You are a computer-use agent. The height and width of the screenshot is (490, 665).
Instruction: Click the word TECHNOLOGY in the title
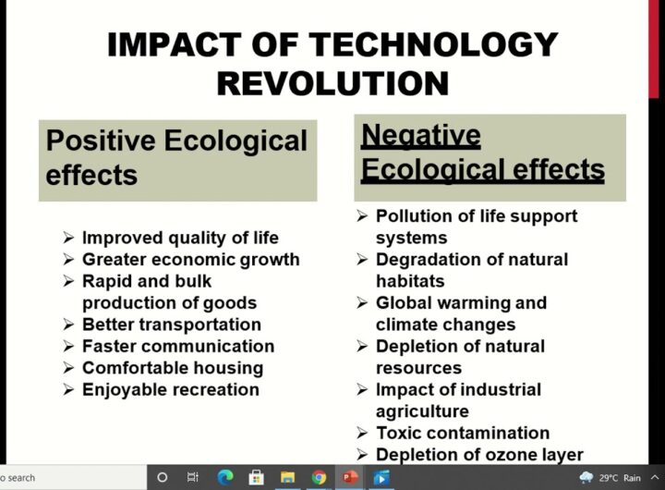click(432, 44)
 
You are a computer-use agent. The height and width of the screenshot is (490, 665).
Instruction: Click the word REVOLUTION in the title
click(332, 83)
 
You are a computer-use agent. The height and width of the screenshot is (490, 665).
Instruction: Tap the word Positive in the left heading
click(101, 141)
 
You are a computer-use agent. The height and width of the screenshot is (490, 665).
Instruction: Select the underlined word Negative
click(421, 136)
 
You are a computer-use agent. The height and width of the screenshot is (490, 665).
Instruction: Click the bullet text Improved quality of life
click(180, 238)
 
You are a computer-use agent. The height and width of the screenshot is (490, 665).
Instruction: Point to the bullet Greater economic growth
click(191, 260)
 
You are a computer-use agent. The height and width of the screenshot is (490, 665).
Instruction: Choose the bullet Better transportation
click(172, 325)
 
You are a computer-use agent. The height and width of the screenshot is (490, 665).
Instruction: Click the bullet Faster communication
click(178, 346)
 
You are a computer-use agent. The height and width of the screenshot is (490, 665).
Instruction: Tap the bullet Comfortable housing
click(173, 368)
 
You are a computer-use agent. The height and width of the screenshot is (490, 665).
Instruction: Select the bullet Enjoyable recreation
click(171, 390)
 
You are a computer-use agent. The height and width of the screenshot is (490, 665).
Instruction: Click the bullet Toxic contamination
click(463, 433)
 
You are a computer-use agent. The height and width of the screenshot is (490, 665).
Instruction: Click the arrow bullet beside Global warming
click(362, 302)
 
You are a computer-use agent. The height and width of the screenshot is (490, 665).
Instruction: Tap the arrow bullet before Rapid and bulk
click(68, 281)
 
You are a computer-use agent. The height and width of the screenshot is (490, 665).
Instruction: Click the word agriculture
click(422, 411)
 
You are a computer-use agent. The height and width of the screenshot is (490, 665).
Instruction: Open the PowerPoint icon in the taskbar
click(349, 478)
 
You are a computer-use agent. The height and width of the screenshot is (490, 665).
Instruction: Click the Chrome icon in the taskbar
click(319, 478)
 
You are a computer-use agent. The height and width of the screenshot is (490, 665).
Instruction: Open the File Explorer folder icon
click(287, 478)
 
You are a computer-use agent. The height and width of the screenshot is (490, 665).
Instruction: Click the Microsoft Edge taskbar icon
click(225, 478)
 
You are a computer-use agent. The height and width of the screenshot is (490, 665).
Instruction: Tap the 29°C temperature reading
click(609, 478)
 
